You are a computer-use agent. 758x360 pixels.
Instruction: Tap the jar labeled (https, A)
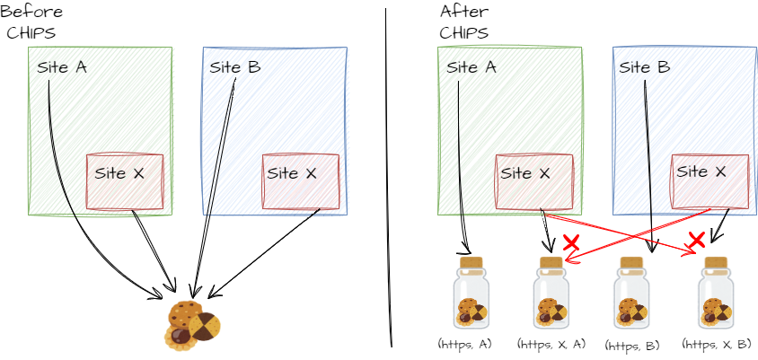(471, 293)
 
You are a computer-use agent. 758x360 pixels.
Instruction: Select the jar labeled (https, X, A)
(551, 293)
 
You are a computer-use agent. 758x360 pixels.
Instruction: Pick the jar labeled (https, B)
(631, 293)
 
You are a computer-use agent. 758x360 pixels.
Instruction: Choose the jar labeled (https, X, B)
(716, 293)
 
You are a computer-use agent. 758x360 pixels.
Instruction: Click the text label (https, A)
(465, 344)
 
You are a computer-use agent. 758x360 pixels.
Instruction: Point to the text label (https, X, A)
(551, 344)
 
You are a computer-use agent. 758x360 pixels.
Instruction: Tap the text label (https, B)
(632, 346)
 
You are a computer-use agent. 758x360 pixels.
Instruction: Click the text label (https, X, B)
(717, 344)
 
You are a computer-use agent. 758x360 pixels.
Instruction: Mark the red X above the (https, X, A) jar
(571, 242)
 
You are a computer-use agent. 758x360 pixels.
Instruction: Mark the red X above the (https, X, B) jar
(696, 239)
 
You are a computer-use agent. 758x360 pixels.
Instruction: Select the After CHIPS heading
(464, 22)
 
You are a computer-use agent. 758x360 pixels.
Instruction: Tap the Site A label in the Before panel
(62, 67)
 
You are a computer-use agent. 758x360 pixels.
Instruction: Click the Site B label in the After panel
(645, 67)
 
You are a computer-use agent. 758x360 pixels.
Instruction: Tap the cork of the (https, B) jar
(631, 262)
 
